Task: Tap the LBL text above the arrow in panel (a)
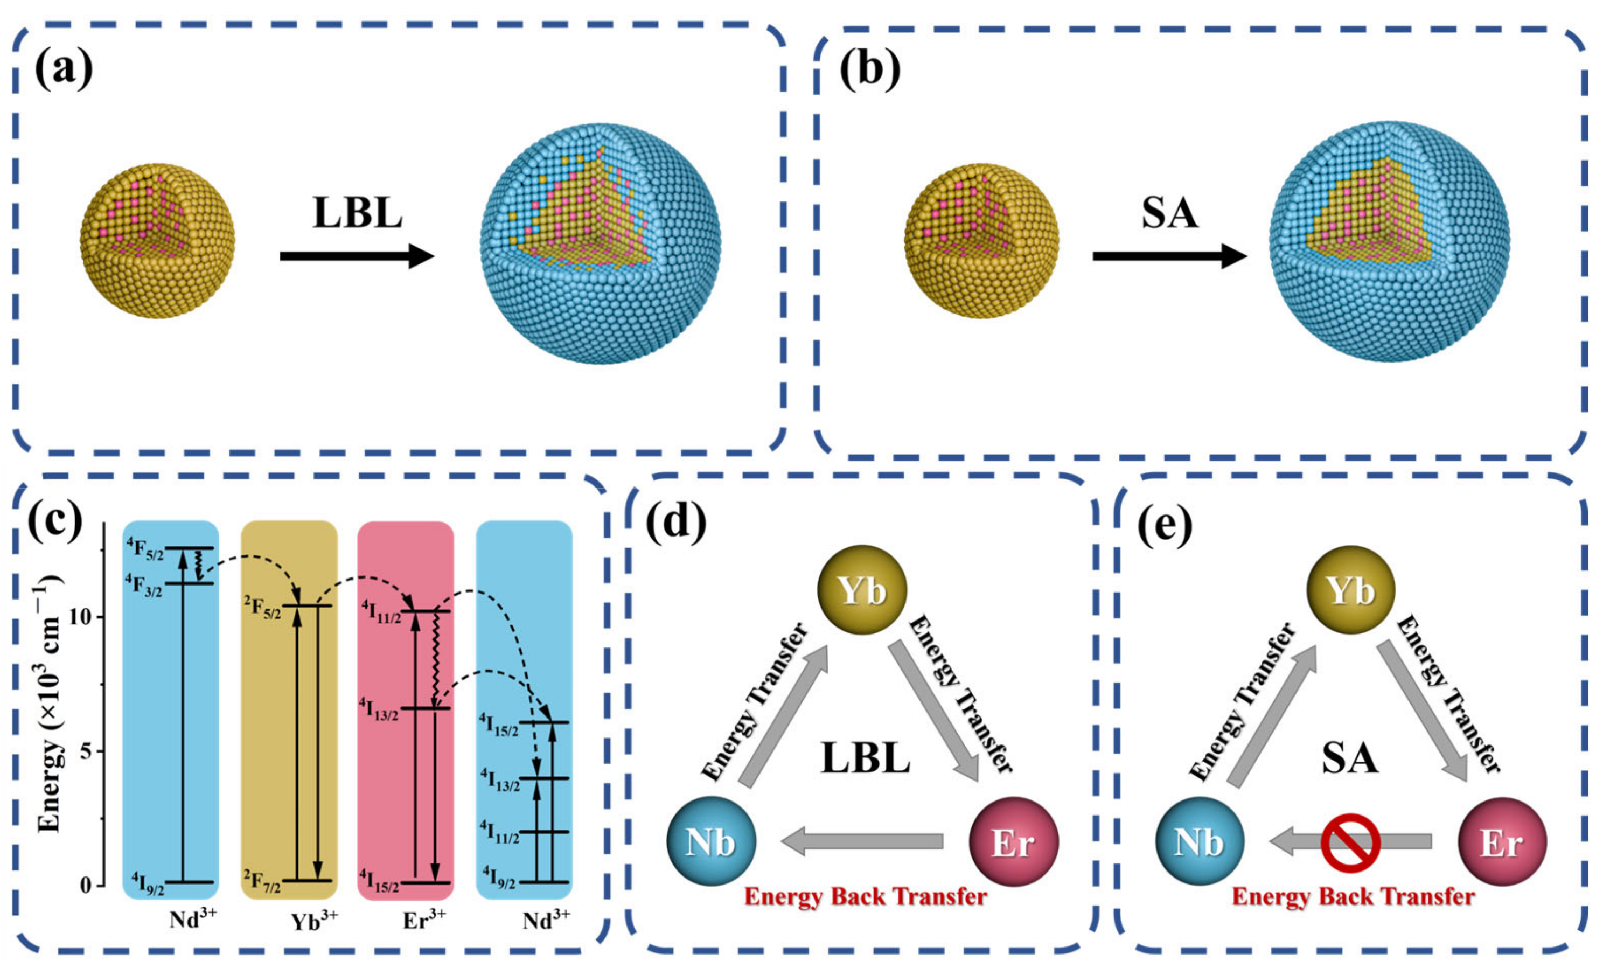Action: [x=357, y=213]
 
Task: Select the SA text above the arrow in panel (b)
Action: [x=1169, y=213]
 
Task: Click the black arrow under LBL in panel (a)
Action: [x=357, y=256]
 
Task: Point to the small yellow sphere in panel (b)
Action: [x=981, y=241]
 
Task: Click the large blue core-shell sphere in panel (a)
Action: [x=600, y=243]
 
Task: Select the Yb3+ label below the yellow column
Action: [x=314, y=921]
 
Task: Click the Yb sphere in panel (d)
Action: [x=861, y=591]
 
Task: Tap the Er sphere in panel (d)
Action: [x=1014, y=842]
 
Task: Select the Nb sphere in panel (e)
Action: [x=1199, y=842]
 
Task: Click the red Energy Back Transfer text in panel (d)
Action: [x=865, y=897]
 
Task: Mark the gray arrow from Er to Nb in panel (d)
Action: [x=861, y=842]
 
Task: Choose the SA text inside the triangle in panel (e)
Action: [x=1350, y=758]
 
